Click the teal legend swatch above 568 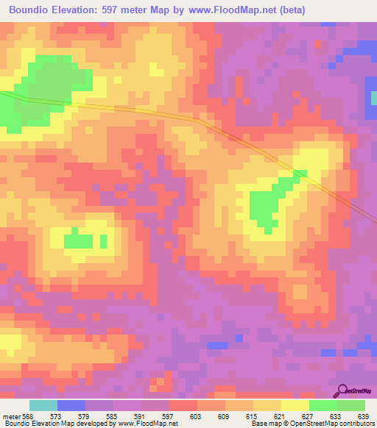pyautogui.click(x=43, y=405)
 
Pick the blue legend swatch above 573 pyautogui.click(x=71, y=405)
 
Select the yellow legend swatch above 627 pyautogui.click(x=295, y=405)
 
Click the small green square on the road pyautogui.click(x=300, y=173)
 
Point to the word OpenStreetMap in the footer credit pyautogui.click(x=311, y=424)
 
